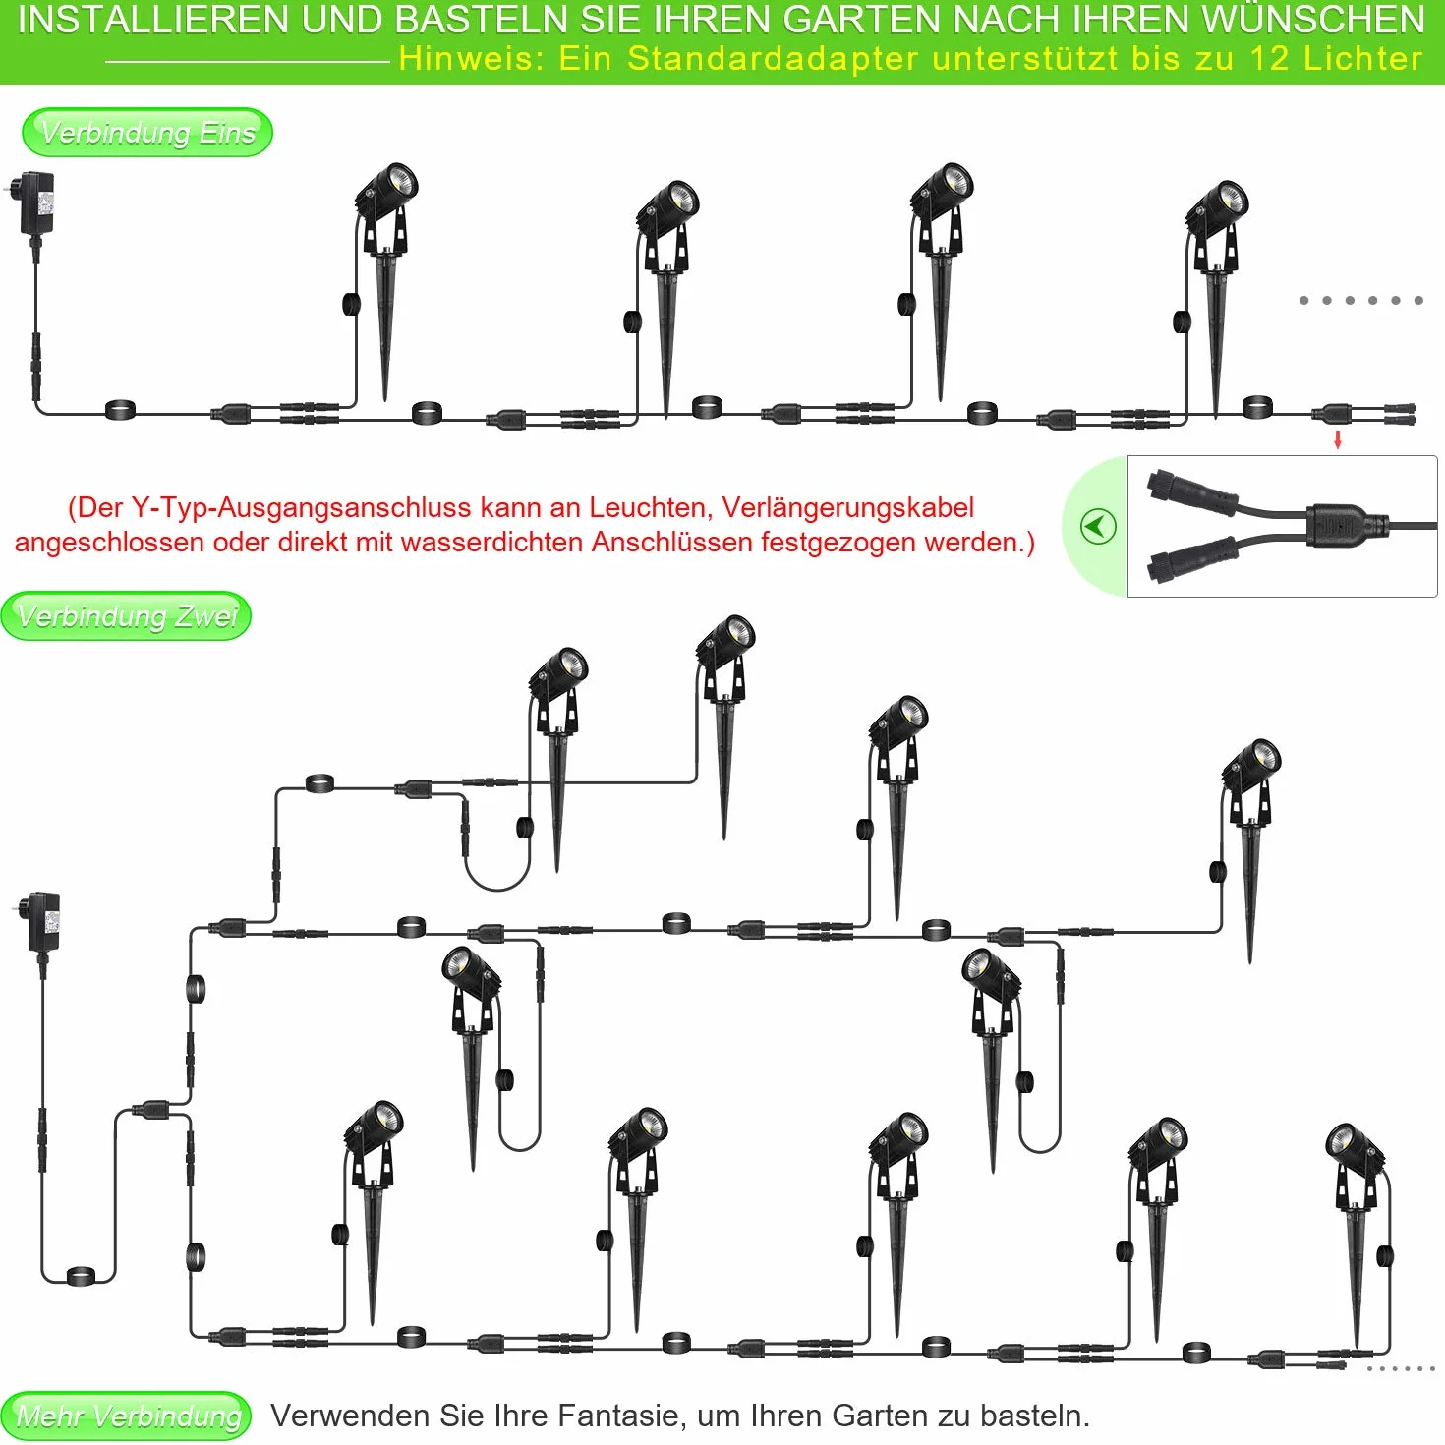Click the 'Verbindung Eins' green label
tap(147, 132)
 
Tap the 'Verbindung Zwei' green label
tap(126, 615)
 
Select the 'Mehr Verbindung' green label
tap(126, 1416)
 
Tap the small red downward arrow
tap(1338, 440)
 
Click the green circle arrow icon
tap(1098, 527)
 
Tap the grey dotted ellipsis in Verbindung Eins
tap(1361, 300)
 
